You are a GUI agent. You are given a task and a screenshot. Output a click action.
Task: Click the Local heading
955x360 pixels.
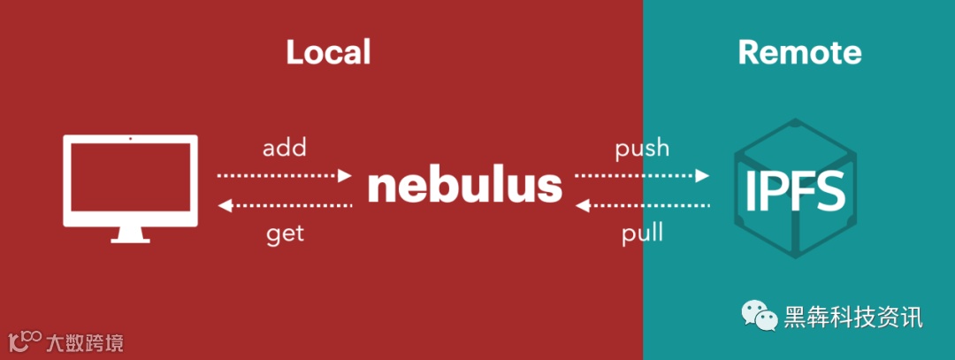pyautogui.click(x=328, y=53)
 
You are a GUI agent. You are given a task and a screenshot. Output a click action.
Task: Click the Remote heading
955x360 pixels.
pyautogui.click(x=799, y=53)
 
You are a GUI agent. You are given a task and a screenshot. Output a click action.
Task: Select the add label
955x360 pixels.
pyautogui.click(x=285, y=147)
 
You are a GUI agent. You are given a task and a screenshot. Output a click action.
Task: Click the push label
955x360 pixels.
pyautogui.click(x=642, y=147)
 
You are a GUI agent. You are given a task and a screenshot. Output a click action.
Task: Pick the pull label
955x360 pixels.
pyautogui.click(x=643, y=234)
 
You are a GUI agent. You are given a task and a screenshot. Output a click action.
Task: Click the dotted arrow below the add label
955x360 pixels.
pyautogui.click(x=285, y=175)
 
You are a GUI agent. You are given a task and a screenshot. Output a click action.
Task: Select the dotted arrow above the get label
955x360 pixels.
pyautogui.click(x=285, y=206)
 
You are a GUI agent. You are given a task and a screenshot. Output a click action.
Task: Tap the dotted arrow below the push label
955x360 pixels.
pyautogui.click(x=642, y=175)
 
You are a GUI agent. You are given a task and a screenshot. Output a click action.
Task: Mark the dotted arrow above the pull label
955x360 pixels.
pyautogui.click(x=642, y=206)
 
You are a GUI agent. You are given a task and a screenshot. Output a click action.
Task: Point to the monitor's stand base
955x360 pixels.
pyautogui.click(x=131, y=239)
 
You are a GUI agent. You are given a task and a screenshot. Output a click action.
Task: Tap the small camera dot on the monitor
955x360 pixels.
pyautogui.click(x=131, y=139)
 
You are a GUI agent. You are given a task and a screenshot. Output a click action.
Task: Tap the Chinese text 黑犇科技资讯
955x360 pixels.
pyautogui.click(x=853, y=317)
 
